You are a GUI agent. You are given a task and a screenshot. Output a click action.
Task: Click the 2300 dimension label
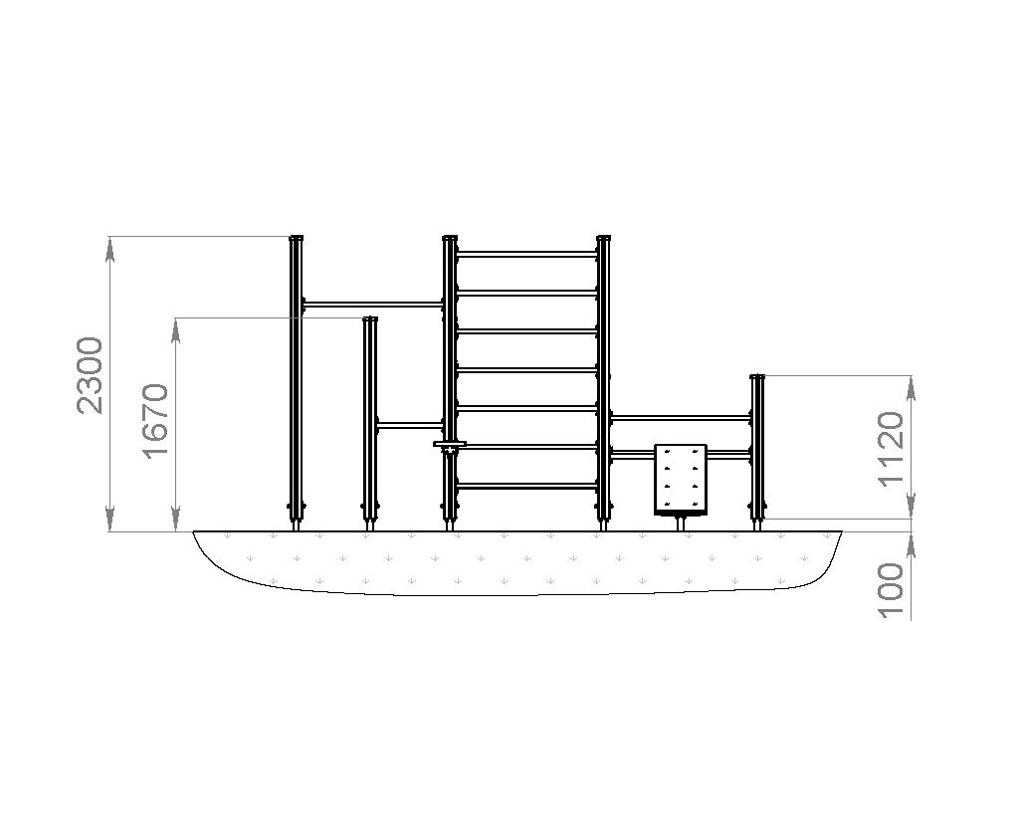pyautogui.click(x=90, y=375)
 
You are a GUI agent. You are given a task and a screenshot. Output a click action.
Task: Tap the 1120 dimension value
pyautogui.click(x=891, y=449)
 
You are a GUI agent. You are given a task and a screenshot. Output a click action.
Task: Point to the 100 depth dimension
pyautogui.click(x=891, y=590)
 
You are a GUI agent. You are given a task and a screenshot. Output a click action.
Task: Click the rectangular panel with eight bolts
pyautogui.click(x=681, y=479)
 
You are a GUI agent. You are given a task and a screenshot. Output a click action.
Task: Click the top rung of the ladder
pyautogui.click(x=526, y=254)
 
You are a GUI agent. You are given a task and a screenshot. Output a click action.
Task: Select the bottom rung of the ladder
pyautogui.click(x=526, y=486)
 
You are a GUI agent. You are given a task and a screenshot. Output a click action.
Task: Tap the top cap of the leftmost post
pyautogui.click(x=296, y=238)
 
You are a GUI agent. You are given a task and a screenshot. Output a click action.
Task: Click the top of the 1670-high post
pyautogui.click(x=370, y=319)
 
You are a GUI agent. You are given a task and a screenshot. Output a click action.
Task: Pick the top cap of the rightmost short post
pyautogui.click(x=756, y=377)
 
